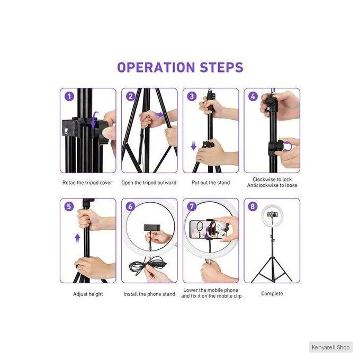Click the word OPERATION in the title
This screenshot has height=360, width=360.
156,67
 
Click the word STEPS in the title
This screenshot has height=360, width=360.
221,67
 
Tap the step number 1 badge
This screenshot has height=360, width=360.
69,96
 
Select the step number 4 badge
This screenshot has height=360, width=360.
253,96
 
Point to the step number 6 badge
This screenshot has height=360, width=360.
130,206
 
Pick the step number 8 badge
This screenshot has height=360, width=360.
253,206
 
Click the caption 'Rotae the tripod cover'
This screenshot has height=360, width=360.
87,183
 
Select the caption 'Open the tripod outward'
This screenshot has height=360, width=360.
149,183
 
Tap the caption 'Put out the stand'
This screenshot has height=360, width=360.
211,183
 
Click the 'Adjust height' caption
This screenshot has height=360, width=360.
88,294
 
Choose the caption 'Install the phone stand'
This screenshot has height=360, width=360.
149,294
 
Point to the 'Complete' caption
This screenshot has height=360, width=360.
272,294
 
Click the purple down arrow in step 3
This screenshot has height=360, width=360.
194,146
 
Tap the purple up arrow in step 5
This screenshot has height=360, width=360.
78,238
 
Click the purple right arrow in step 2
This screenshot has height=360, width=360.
159,115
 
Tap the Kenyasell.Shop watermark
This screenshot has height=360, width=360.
330,347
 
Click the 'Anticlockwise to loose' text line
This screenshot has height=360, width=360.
272,185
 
